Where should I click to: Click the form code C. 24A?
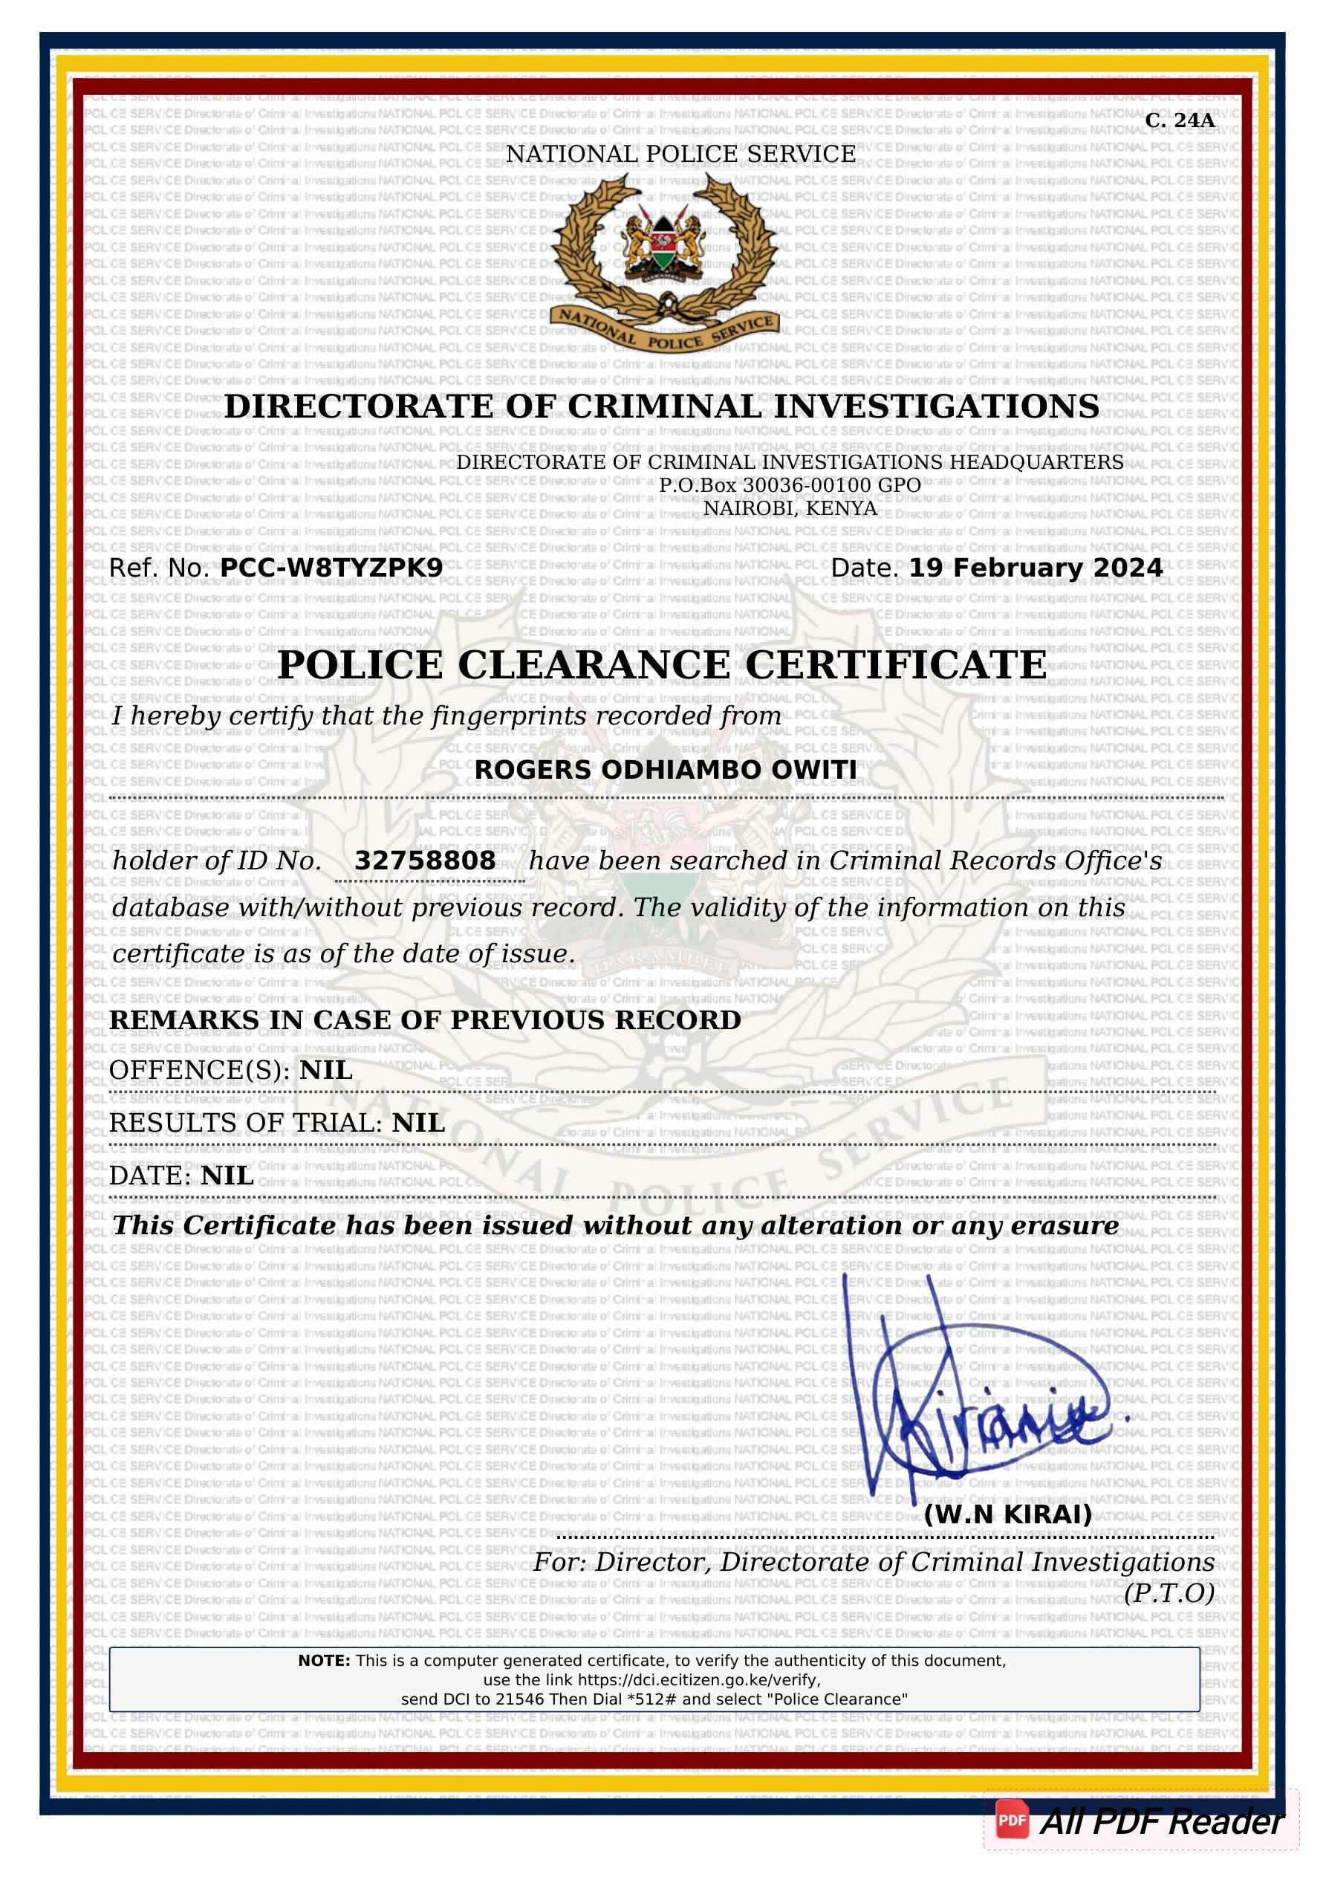point(1179,121)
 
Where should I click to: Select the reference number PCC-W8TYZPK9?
point(331,568)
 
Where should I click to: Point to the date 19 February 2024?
point(1035,568)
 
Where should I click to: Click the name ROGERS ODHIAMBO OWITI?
point(666,769)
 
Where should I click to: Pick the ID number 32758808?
point(424,860)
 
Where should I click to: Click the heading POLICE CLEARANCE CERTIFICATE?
point(661,664)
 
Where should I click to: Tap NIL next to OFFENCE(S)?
point(325,1069)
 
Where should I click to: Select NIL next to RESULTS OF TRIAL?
point(417,1123)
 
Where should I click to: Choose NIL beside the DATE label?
point(227,1175)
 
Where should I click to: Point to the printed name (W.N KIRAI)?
point(1007,1514)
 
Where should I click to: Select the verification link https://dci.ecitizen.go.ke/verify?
point(698,1680)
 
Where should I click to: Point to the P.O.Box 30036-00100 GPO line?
point(789,484)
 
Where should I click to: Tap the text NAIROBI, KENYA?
point(790,508)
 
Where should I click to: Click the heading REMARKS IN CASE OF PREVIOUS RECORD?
point(425,1019)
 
